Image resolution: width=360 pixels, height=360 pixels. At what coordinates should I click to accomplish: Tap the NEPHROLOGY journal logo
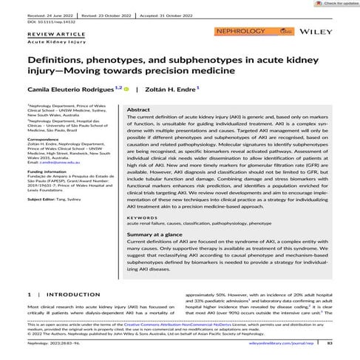tap(231, 32)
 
